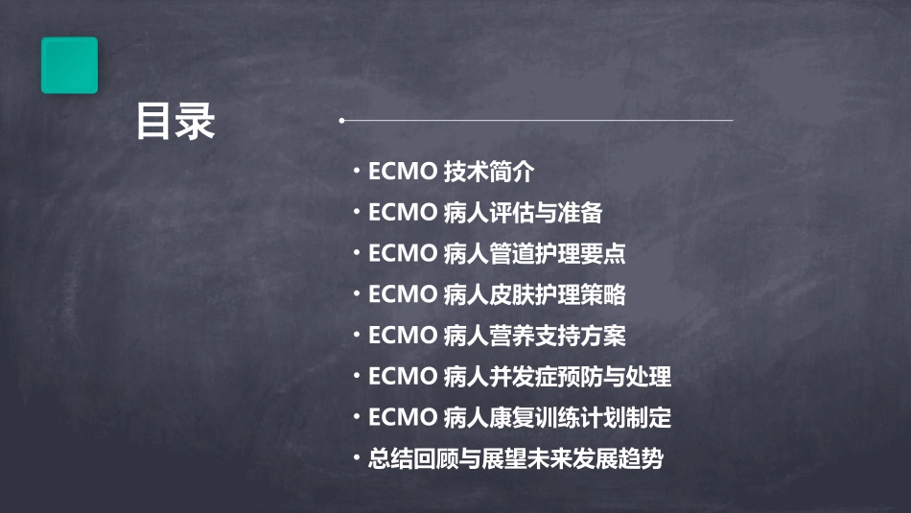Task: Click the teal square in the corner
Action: pyautogui.click(x=69, y=65)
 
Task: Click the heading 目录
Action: pyautogui.click(x=175, y=122)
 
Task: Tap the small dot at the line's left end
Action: pyautogui.click(x=341, y=121)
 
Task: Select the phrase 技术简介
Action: pyautogui.click(x=489, y=172)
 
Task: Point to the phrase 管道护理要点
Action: pyautogui.click(x=556, y=254)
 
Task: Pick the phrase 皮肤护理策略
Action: pyautogui.click(x=556, y=294)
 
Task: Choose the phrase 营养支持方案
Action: pyautogui.click(x=556, y=336)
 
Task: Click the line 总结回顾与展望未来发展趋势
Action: pyautogui.click(x=516, y=458)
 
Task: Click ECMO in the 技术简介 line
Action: pyautogui.click(x=402, y=173)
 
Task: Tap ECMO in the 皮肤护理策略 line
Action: pyautogui.click(x=402, y=295)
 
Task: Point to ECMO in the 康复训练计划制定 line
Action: pyautogui.click(x=402, y=418)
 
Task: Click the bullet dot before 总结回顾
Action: pyautogui.click(x=357, y=457)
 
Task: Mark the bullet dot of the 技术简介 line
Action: pyautogui.click(x=357, y=172)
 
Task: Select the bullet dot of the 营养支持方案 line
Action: pyautogui.click(x=357, y=335)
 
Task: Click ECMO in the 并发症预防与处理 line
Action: pyautogui.click(x=402, y=377)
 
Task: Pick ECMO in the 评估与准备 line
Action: pyautogui.click(x=402, y=214)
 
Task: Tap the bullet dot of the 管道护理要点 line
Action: pyautogui.click(x=357, y=253)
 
